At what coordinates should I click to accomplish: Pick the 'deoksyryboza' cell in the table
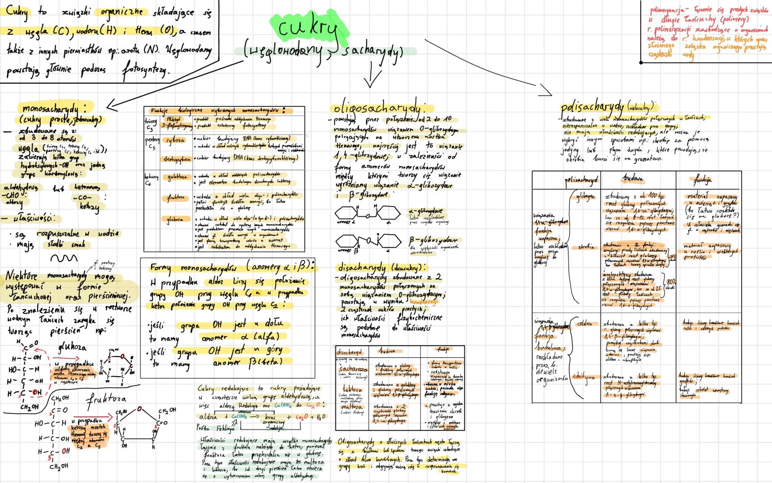pos(177,158)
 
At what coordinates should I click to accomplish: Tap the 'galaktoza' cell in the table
pos(176,178)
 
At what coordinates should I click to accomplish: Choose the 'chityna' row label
pos(584,377)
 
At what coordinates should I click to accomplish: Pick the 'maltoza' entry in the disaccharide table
pos(352,407)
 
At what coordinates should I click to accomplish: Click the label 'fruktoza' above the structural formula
pos(105,398)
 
